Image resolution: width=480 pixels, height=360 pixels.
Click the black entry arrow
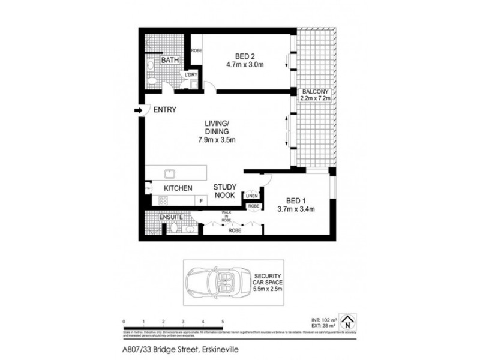pos(138,110)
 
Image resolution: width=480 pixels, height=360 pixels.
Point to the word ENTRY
pos(164,110)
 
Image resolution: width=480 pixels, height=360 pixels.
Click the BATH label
pos(170,61)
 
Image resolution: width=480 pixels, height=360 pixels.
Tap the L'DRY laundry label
pos(191,74)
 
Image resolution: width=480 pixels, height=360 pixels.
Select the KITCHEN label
pos(178,188)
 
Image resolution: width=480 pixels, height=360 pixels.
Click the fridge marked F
pos(201,201)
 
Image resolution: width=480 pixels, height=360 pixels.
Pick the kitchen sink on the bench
pos(170,173)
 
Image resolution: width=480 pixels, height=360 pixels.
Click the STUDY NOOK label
pos(228,191)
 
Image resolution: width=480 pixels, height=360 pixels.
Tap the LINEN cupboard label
pos(252,195)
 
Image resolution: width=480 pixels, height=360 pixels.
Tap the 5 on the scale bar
pos(223,322)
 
